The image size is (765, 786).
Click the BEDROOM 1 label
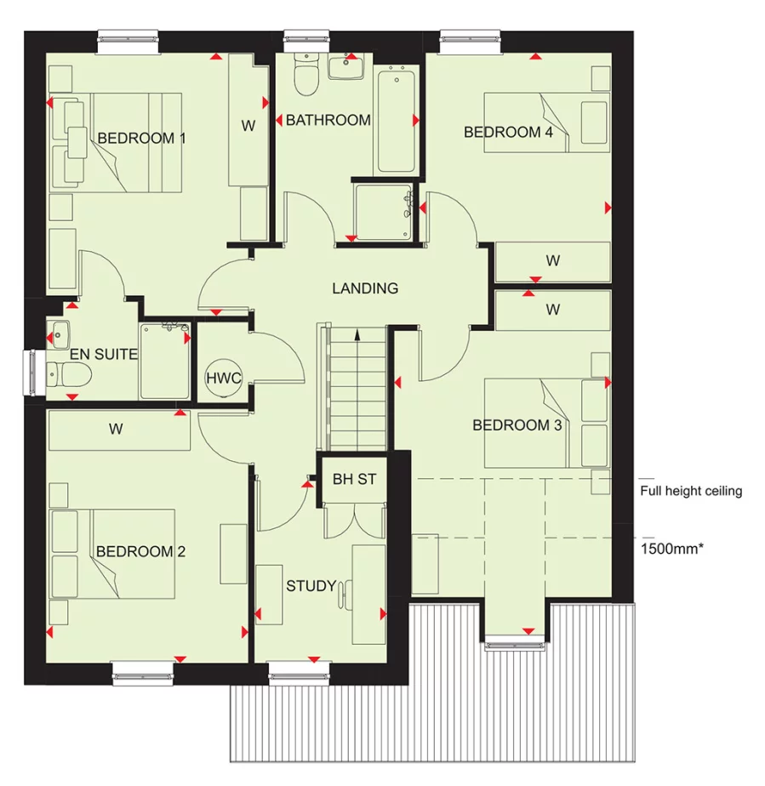(x=141, y=138)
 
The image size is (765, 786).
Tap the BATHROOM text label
(x=328, y=121)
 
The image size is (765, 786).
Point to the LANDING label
(x=365, y=288)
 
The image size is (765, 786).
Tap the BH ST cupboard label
(x=354, y=480)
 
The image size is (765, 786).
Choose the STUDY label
(x=311, y=586)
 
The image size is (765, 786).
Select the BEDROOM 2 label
(x=140, y=552)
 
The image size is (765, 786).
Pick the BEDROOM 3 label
(x=517, y=425)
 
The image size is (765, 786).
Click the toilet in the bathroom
(x=305, y=75)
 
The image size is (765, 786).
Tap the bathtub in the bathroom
(x=396, y=122)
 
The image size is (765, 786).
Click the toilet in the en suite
(x=63, y=373)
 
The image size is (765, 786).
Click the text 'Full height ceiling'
(x=691, y=491)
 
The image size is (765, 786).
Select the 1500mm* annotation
(x=671, y=549)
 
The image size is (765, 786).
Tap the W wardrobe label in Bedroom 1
(x=248, y=126)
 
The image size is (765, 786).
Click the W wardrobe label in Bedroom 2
(x=116, y=430)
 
